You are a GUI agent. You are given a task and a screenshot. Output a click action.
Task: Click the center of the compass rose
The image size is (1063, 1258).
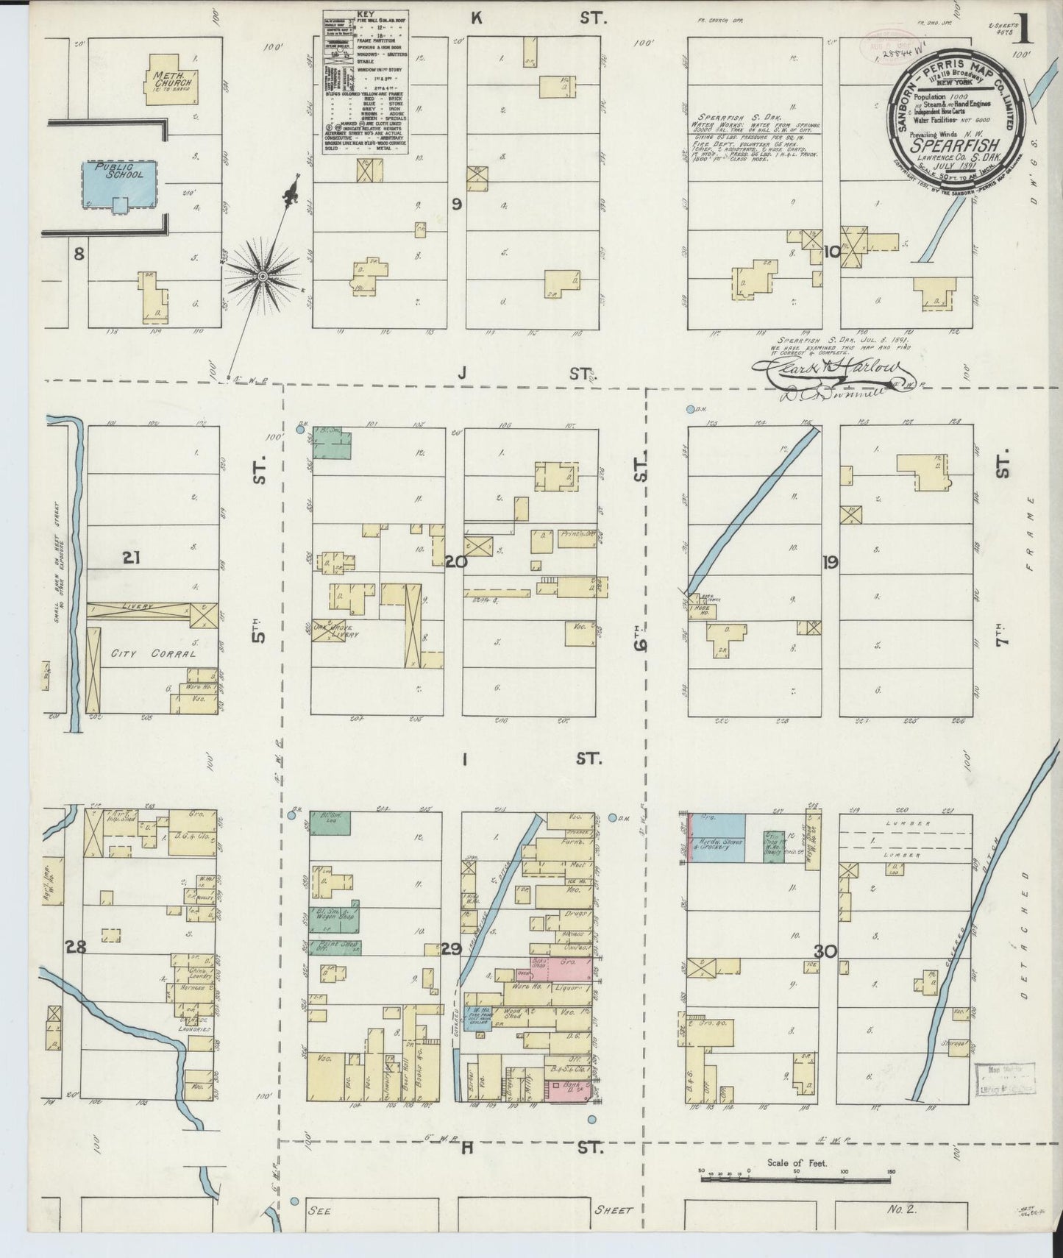(263, 276)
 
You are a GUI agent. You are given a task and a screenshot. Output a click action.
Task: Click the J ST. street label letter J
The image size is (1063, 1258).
(461, 374)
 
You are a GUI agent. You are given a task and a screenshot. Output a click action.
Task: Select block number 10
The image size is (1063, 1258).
(832, 253)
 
